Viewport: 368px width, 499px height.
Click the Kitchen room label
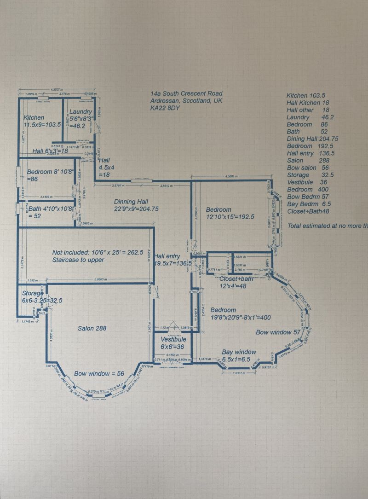[34, 118]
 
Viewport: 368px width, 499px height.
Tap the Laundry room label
[80, 112]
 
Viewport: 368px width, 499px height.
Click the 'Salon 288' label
[92, 328]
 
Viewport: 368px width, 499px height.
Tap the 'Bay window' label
[239, 352]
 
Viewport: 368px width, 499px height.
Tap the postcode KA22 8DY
[166, 108]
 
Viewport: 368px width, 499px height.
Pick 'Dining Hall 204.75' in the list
[312, 139]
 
